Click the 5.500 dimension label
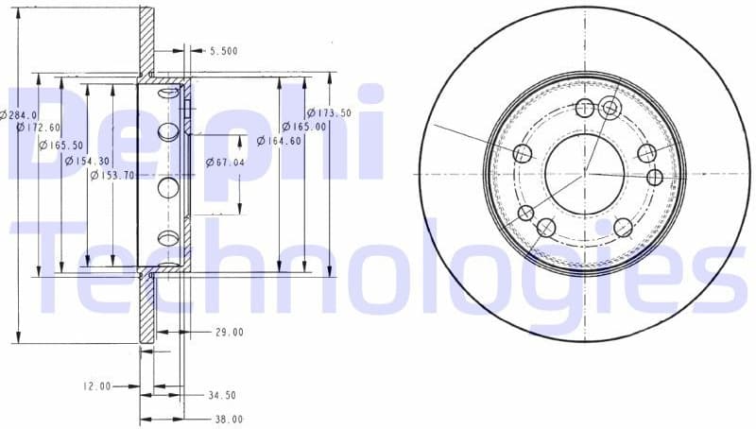224,51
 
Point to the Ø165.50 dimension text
60,145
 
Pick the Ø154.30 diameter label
87,162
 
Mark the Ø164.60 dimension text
279,142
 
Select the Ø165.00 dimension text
303,127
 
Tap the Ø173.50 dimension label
328,113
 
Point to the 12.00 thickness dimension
97,386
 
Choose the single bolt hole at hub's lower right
623,227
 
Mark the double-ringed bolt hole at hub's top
610,108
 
